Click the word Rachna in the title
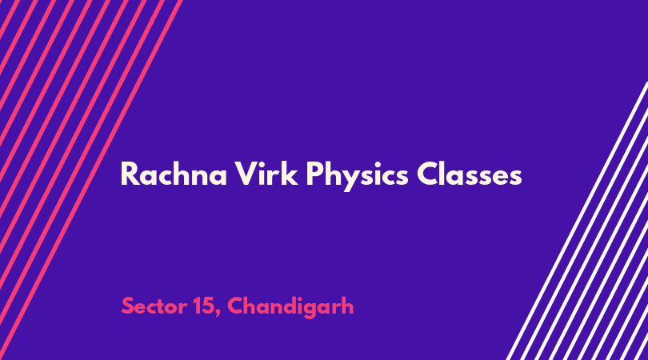174,174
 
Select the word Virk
266,174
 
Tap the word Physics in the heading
357,176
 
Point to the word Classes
469,174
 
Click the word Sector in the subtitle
154,306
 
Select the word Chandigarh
290,307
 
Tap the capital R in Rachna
130,174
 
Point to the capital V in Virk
246,174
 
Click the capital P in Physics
315,174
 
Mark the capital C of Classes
428,174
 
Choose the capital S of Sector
129,306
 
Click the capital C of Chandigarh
236,306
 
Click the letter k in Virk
290,174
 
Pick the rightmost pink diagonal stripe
90,180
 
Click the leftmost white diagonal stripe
577,221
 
